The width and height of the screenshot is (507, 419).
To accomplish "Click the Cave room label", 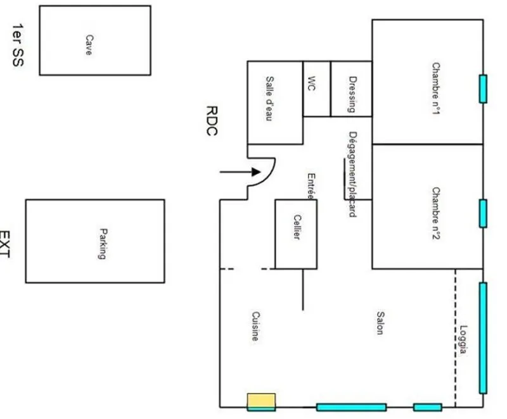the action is (89, 45).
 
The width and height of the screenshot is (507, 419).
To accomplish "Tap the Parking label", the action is (103, 244).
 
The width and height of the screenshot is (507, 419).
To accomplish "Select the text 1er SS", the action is (18, 45).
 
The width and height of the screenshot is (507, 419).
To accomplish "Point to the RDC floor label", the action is (212, 120).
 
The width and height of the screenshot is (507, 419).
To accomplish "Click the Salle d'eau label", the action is (270, 99).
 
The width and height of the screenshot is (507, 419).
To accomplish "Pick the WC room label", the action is (311, 84).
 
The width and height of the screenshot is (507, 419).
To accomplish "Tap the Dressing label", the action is (353, 94).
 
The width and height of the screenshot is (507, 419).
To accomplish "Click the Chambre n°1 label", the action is (436, 89).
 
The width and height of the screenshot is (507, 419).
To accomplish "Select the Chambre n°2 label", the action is (436, 213).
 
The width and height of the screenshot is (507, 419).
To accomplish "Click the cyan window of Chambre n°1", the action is (483, 89).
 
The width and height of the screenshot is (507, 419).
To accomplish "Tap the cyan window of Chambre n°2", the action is (483, 213).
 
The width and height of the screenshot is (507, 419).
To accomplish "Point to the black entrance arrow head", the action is (256, 172).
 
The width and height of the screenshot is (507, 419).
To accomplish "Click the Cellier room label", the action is (297, 227).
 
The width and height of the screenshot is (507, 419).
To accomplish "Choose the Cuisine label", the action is (256, 326).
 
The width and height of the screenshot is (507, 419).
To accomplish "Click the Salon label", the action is (381, 323).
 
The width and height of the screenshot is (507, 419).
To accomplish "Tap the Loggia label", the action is (464, 340).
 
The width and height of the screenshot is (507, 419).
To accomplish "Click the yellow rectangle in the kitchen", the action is (261, 402).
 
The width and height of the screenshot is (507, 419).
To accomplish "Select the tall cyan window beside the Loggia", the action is (483, 338).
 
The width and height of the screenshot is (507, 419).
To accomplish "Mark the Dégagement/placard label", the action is (353, 174).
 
